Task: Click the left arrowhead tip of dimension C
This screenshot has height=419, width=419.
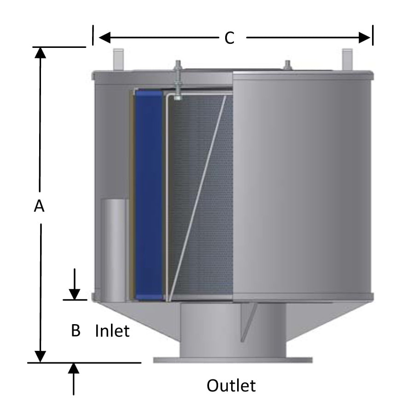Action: pyautogui.click(x=99, y=37)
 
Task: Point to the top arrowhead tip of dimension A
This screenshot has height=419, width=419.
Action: pyautogui.click(x=40, y=47)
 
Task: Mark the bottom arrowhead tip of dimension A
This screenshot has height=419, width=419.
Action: pyautogui.click(x=40, y=362)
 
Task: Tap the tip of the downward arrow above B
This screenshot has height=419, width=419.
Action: pyautogui.click(x=75, y=300)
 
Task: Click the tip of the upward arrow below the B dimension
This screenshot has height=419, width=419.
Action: pyautogui.click(x=74, y=363)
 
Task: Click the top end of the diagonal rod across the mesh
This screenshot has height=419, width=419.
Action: pyautogui.click(x=226, y=96)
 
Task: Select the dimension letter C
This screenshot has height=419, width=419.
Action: pyautogui.click(x=229, y=38)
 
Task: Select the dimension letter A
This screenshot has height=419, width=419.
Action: pyautogui.click(x=39, y=206)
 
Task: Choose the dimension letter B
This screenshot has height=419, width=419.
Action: pyautogui.click(x=76, y=331)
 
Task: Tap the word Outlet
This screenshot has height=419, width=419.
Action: pyautogui.click(x=231, y=385)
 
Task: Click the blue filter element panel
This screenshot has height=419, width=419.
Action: pyautogui.click(x=149, y=195)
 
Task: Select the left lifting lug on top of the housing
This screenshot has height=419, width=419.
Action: pyautogui.click(x=118, y=59)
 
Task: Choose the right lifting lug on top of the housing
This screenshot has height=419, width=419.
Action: pyautogui.click(x=347, y=59)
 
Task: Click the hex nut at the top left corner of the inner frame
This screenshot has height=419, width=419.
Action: pyautogui.click(x=177, y=98)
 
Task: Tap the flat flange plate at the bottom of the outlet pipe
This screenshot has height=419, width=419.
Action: pyautogui.click(x=233, y=360)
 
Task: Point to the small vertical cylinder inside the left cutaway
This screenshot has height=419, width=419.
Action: pyautogui.click(x=115, y=250)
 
